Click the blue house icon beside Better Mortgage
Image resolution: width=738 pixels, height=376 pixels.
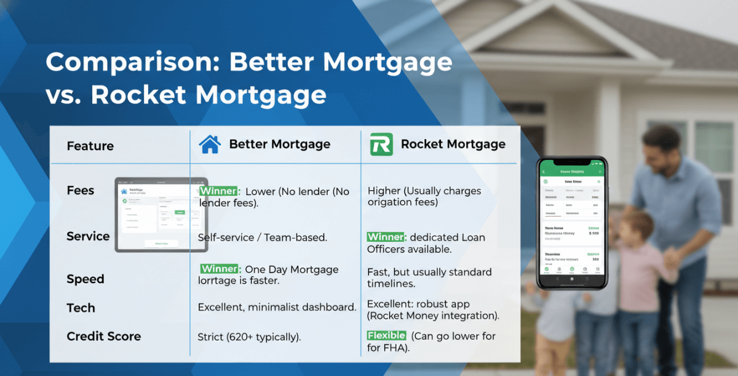coord(210,145)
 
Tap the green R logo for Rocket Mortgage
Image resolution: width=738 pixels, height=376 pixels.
coord(381,145)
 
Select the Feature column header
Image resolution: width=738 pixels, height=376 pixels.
coord(90,146)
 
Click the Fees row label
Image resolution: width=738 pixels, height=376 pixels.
coord(81,190)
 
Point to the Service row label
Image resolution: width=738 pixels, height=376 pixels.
coord(88,236)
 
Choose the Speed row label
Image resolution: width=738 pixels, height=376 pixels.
coord(85,279)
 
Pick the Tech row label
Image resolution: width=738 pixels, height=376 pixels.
coord(81,308)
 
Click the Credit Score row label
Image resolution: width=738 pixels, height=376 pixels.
coord(103,337)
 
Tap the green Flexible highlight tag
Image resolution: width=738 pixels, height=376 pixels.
coord(386,336)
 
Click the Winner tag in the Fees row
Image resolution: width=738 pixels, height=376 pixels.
coord(218,191)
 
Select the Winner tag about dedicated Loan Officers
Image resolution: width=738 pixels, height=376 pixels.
coord(386,238)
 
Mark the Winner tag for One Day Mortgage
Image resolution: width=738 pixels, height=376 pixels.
coord(220,269)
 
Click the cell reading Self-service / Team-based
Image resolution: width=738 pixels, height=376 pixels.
coord(263,236)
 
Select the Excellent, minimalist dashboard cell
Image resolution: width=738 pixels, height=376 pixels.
coord(277,307)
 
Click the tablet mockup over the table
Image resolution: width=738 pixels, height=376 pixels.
coord(161,215)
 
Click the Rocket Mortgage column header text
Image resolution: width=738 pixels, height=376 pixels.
coord(453,145)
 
